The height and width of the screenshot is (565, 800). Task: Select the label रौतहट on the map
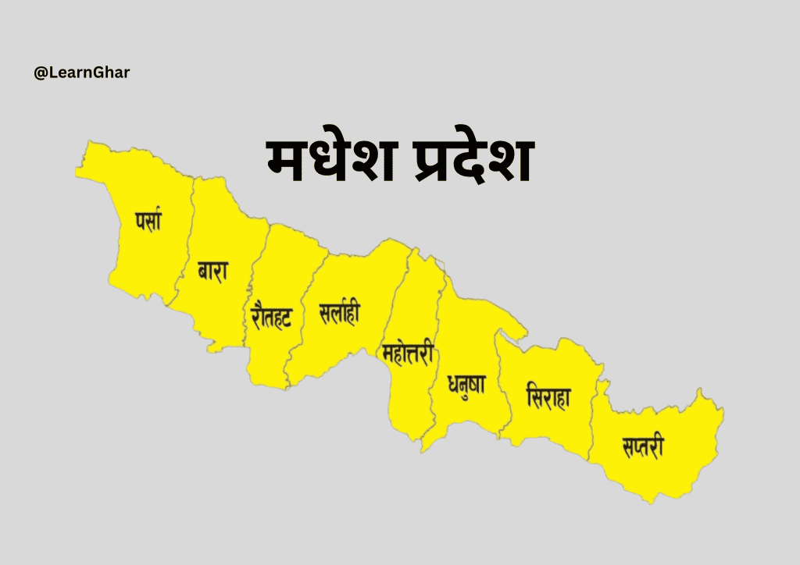(x=271, y=314)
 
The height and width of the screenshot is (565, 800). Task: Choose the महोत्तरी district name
(x=408, y=353)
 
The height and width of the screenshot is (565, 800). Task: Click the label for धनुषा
(x=466, y=385)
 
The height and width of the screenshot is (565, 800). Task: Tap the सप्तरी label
(x=643, y=447)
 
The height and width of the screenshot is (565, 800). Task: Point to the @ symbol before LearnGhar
(x=39, y=73)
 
